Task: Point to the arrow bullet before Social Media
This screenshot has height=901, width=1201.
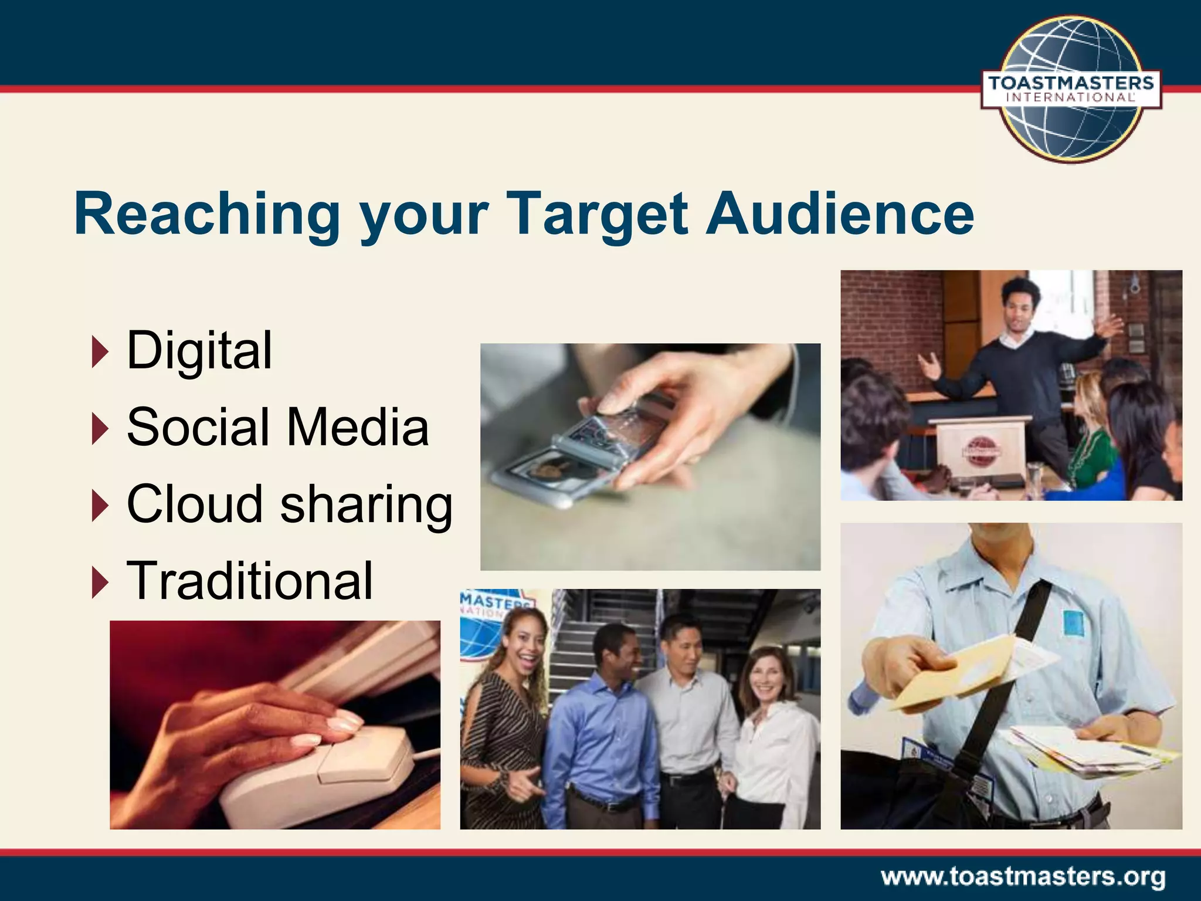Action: [100, 428]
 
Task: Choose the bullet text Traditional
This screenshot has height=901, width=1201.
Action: [250, 581]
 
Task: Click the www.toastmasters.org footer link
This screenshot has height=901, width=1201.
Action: [1023, 878]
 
